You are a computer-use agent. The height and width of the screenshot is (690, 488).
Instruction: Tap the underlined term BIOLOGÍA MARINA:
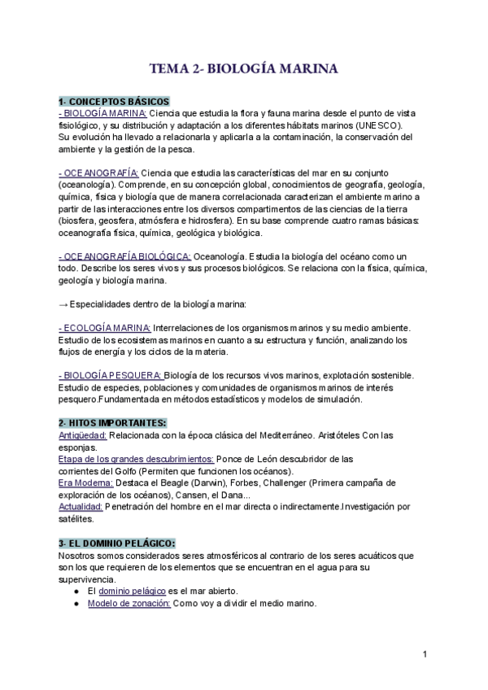pyautogui.click(x=103, y=113)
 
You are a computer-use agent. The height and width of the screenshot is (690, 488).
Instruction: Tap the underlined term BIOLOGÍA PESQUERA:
pyautogui.click(x=110, y=375)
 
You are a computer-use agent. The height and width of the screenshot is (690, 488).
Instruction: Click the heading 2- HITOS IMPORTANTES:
pyautogui.click(x=112, y=423)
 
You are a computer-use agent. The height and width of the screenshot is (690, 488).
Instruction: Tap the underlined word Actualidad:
pyautogui.click(x=81, y=506)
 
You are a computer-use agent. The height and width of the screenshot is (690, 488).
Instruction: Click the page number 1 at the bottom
pyautogui.click(x=425, y=654)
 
